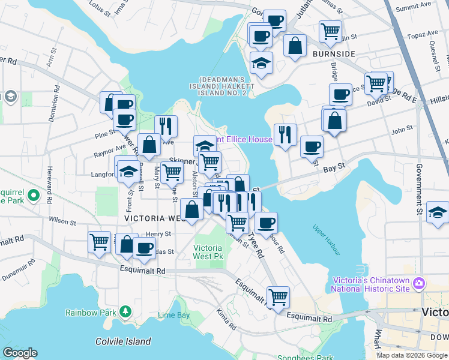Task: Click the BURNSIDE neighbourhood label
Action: coord(334,54)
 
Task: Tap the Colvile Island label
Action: coord(123,341)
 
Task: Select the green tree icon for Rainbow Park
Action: coord(125,311)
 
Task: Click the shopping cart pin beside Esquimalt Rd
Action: coord(278,296)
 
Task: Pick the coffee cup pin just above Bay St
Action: coord(311,146)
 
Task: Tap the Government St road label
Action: coord(419,191)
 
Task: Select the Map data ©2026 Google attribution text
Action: coord(412,355)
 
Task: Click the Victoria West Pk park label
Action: coord(208,252)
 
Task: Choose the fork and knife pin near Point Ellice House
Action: coord(285,134)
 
